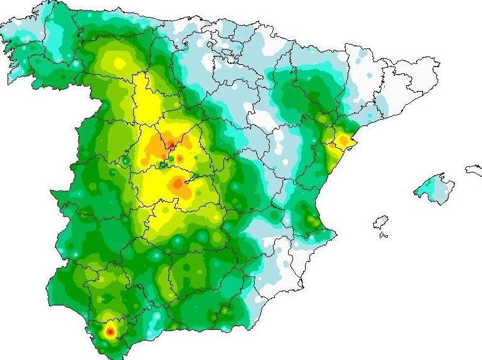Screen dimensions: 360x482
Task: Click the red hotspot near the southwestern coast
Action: click(110, 331)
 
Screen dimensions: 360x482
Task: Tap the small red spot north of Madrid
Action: click(170, 146)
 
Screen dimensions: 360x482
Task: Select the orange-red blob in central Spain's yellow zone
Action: click(178, 184)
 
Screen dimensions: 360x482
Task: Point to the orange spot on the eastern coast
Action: click(343, 139)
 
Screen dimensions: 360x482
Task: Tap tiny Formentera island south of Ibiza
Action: click(383, 236)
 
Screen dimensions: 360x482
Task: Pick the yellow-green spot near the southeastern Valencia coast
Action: click(312, 220)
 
